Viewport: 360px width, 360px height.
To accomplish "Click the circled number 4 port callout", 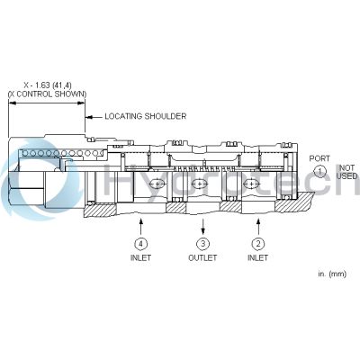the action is [140, 244].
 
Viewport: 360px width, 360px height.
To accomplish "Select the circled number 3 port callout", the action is [202, 244].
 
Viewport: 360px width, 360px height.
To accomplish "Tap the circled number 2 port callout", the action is [258, 244].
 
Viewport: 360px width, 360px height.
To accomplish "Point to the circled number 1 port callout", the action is [319, 172].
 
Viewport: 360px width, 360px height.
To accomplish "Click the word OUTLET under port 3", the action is [202, 257].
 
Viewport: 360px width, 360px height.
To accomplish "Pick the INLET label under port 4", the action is [140, 257].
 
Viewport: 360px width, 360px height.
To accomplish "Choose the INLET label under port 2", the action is [257, 257].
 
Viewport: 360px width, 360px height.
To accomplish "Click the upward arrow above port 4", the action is [140, 227].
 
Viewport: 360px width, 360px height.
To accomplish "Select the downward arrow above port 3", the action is [203, 227].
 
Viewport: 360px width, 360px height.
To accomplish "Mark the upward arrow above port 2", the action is [258, 227].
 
